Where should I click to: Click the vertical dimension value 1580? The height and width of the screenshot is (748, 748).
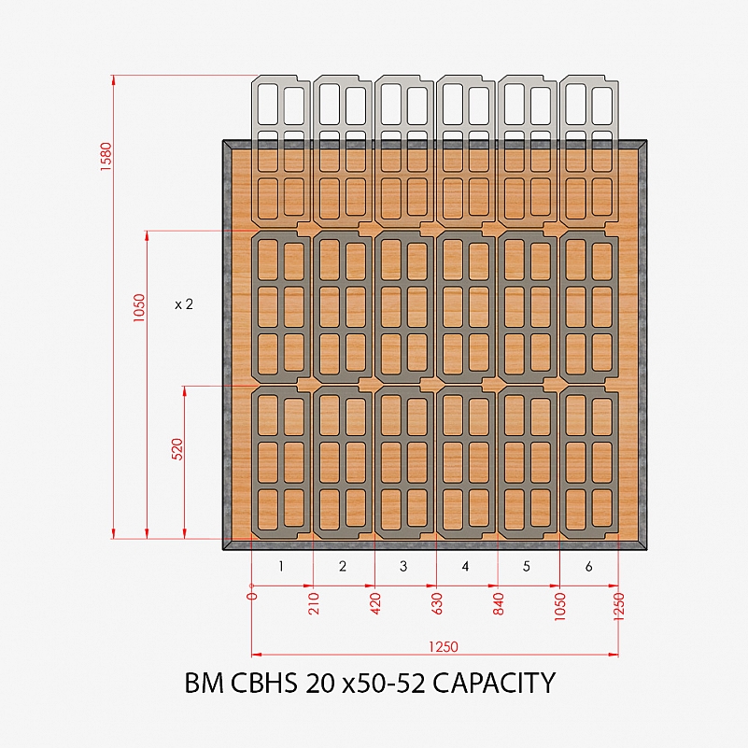tap(106, 157)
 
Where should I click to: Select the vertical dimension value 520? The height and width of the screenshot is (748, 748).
tap(177, 449)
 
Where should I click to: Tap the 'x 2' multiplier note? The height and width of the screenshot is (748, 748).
tap(184, 304)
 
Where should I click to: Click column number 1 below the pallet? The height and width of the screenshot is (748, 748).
tap(281, 566)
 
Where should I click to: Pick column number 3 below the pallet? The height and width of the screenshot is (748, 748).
tap(403, 566)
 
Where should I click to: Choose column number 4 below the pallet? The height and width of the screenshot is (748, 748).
tap(465, 566)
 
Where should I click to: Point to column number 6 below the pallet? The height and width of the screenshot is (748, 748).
tap(588, 566)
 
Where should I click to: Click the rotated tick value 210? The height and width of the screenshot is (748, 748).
tap(314, 603)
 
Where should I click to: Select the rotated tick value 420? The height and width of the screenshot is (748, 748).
tap(375, 603)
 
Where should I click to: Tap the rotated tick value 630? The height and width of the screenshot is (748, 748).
tap(437, 603)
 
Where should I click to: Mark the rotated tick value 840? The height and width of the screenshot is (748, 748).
tap(499, 603)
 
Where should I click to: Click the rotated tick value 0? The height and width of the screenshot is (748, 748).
tap(252, 596)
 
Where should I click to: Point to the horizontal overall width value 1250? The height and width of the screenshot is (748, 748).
tap(444, 647)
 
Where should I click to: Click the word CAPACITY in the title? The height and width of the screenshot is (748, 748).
tap(494, 683)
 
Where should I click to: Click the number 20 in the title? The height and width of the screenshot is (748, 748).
tap(320, 683)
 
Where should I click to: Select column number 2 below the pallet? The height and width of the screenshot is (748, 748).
tap(343, 566)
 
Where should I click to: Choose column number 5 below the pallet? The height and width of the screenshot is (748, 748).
tap(527, 566)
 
